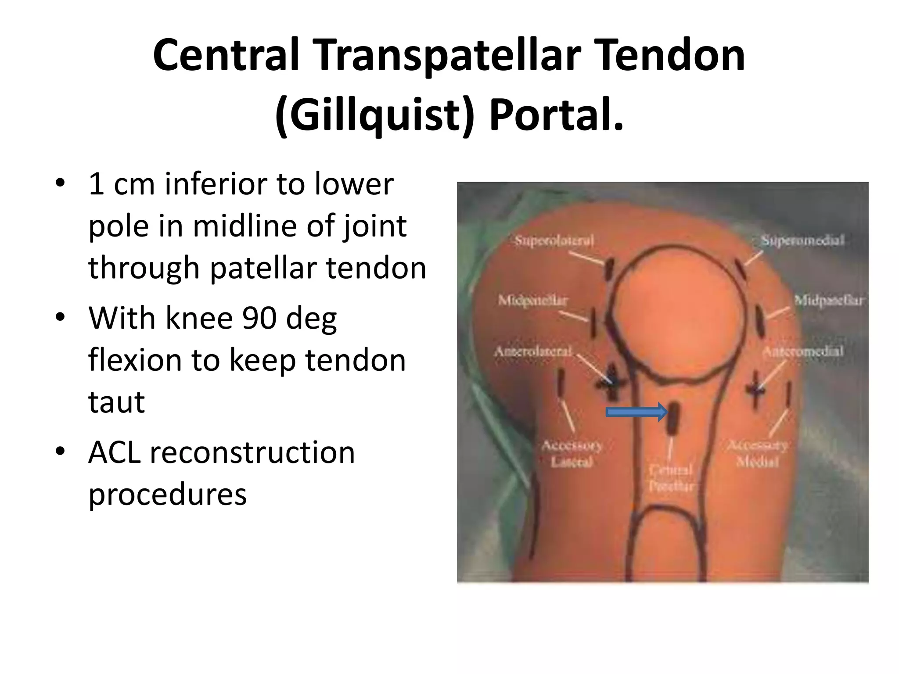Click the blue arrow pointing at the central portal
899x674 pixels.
point(636,412)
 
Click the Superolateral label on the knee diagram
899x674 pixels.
point(554,240)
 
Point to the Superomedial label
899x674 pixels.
point(802,240)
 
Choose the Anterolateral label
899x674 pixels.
point(533,351)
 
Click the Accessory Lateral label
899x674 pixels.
point(572,454)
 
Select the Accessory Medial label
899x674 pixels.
point(758,454)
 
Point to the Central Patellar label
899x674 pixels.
point(671,478)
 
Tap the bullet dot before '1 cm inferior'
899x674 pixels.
point(60,183)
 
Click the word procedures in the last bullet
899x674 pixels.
point(168,494)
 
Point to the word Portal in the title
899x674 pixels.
point(555,115)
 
